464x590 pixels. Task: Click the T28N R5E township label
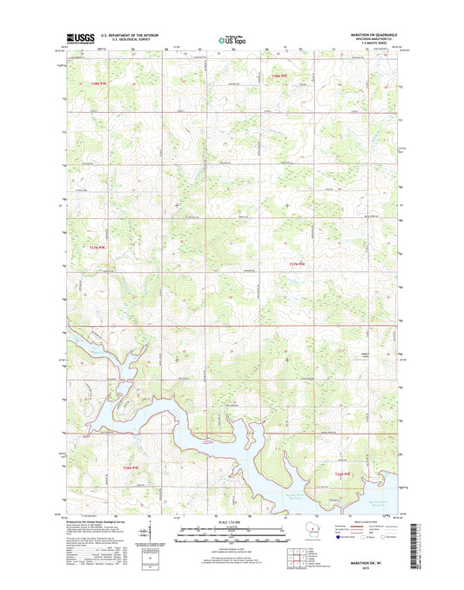(x=278, y=79)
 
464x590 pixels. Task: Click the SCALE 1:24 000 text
(x=231, y=524)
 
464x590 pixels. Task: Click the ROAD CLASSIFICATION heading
(x=372, y=522)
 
